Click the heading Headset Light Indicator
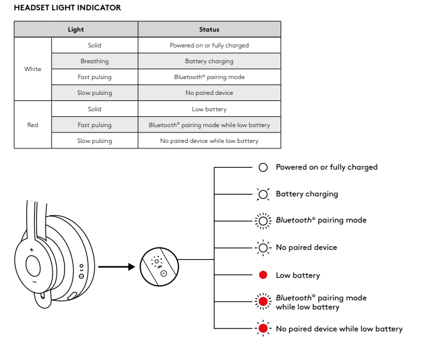[x=67, y=8]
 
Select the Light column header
[x=76, y=29]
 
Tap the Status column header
[x=209, y=29]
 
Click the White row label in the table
[x=33, y=69]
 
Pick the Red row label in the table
[x=33, y=125]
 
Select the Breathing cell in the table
[x=94, y=61]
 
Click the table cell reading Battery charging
[x=209, y=61]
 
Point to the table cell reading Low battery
[x=209, y=109]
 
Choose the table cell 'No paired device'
[x=209, y=93]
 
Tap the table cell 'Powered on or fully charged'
[x=209, y=46]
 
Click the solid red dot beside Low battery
[x=263, y=275]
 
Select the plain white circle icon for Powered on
[x=263, y=167]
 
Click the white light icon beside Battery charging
[x=263, y=195]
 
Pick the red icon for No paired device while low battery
[x=263, y=329]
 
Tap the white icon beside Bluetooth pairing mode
[x=263, y=221]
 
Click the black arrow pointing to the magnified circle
[x=116, y=266]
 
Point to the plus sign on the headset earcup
[x=32, y=250]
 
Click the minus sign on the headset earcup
[x=34, y=282]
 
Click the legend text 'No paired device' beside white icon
[x=306, y=248]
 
